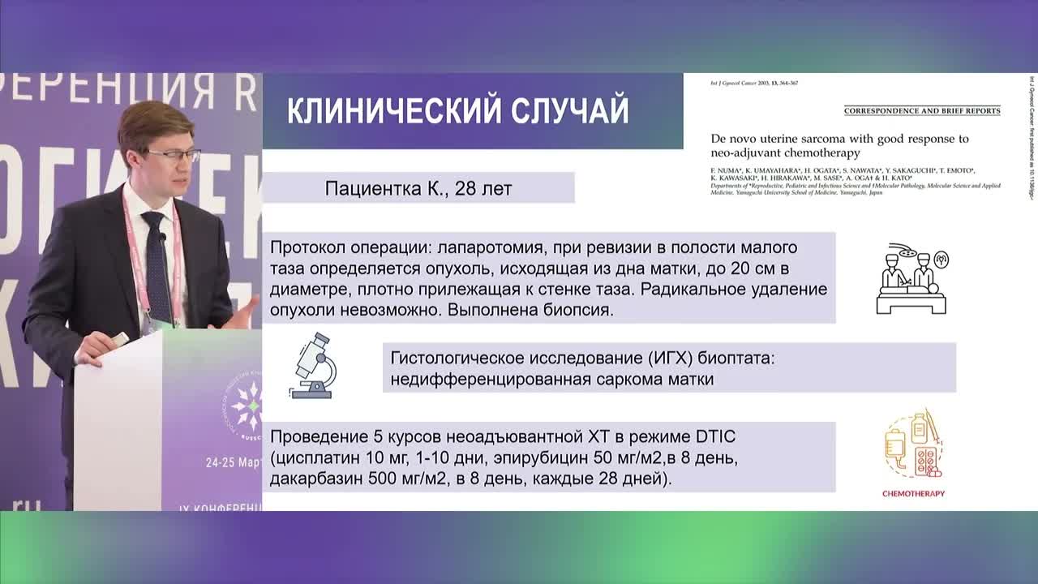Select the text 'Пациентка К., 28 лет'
tap(418, 188)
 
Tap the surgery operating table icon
tap(911, 279)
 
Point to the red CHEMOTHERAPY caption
tap(913, 493)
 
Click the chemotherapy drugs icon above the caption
tap(913, 445)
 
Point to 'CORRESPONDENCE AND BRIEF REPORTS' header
tap(922, 110)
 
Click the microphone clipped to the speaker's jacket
tap(163, 239)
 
